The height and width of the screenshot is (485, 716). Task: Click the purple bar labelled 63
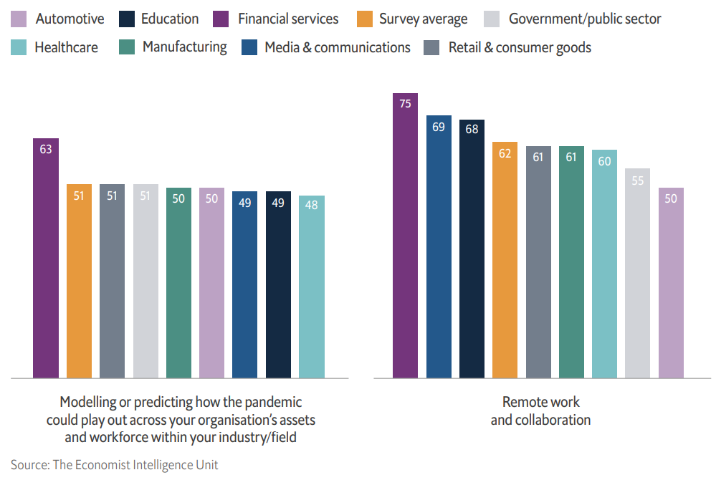(46, 258)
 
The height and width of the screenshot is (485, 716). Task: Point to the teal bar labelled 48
(312, 287)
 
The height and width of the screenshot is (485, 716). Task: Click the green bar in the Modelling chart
(178, 283)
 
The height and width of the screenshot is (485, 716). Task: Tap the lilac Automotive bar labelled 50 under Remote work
(671, 282)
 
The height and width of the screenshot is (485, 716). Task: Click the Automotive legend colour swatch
(20, 19)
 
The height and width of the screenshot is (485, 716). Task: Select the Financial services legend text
(288, 19)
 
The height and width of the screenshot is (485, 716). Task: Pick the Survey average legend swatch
(364, 19)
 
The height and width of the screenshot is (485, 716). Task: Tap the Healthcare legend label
(66, 48)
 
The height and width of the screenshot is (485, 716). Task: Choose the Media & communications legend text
(338, 48)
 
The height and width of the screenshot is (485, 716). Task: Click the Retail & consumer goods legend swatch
(431, 48)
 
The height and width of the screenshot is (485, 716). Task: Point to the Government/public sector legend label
(585, 19)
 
